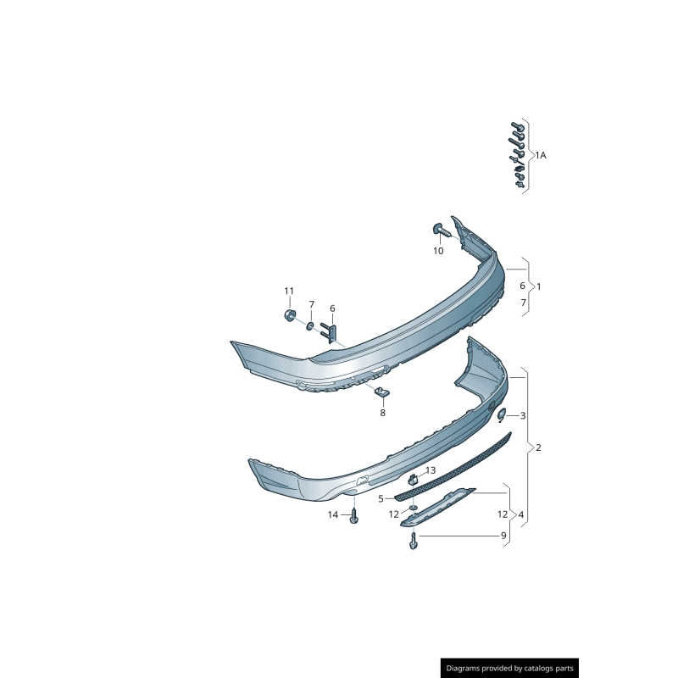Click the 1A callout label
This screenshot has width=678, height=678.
point(540,155)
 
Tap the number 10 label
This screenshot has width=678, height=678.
point(438,251)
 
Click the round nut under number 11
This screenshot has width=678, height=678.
point(289,316)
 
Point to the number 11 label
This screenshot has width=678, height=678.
point(288,292)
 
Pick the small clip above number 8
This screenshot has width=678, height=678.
point(381,392)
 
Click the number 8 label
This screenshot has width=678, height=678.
point(382,413)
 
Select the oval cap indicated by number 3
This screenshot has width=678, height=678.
point(501,414)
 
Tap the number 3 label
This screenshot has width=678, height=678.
point(523,415)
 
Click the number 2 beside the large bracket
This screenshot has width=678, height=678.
point(538,447)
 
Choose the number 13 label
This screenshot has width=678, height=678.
point(430,470)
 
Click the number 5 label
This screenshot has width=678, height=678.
point(381,498)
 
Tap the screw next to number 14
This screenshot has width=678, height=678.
point(353,516)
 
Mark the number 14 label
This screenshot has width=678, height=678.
point(333,514)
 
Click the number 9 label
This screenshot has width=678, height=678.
point(503,536)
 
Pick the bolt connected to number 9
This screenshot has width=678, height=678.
point(413,541)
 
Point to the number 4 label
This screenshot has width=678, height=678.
point(520,514)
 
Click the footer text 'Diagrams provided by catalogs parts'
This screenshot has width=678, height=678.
point(510,669)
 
